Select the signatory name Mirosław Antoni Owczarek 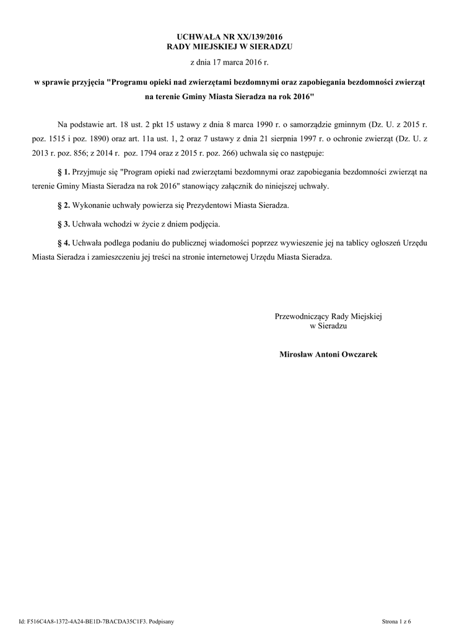click(x=328, y=354)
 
